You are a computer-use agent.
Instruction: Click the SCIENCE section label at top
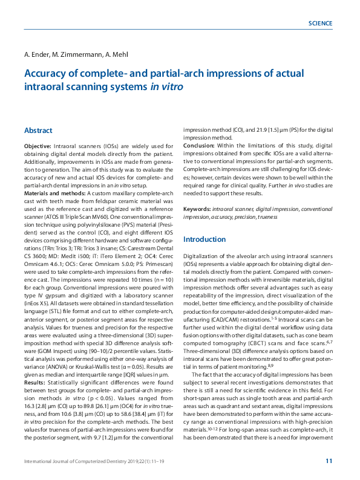(320, 24)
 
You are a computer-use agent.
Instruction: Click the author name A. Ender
(38, 54)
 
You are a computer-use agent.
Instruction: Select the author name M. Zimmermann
(76, 54)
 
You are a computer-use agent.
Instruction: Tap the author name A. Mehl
(117, 54)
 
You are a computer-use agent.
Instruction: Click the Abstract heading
(38, 131)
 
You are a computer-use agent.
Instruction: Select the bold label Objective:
(38, 147)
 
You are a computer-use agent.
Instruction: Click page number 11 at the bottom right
(329, 461)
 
